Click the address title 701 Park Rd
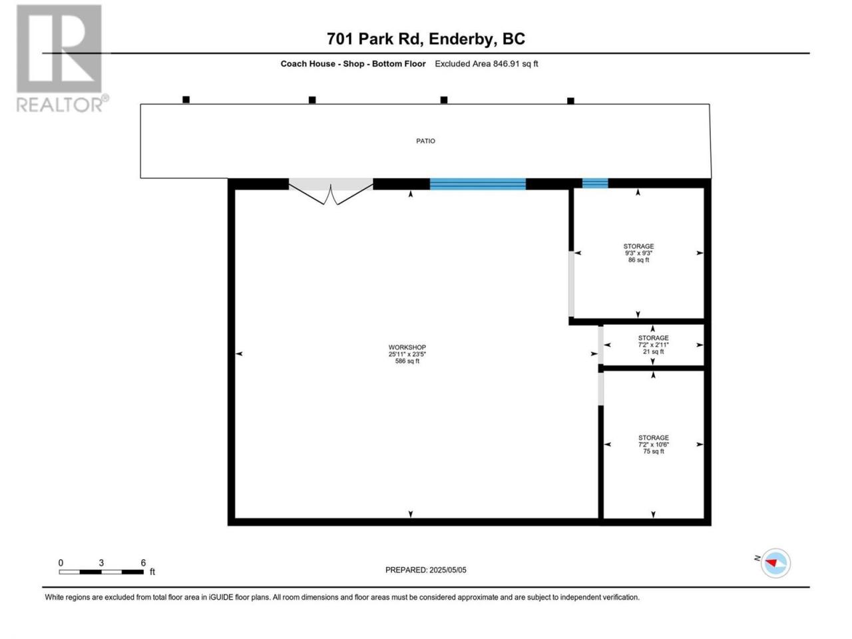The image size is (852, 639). [x=375, y=39]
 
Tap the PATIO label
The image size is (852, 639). [x=425, y=141]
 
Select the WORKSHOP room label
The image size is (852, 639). [x=407, y=347]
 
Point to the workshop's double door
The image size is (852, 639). [x=331, y=191]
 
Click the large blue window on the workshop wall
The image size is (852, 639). [x=478, y=184]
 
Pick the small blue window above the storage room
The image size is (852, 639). [x=595, y=183]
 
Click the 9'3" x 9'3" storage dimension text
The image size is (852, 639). [x=638, y=253]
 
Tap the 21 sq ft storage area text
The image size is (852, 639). [x=653, y=351]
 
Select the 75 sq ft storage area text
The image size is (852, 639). [x=654, y=451]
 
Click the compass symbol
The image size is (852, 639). [x=775, y=563]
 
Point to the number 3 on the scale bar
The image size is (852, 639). [x=101, y=562]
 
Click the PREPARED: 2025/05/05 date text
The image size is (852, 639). [x=426, y=570]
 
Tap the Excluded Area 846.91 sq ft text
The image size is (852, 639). [x=487, y=64]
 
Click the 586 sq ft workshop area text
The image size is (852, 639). [x=407, y=361]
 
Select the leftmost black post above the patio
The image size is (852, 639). [x=186, y=100]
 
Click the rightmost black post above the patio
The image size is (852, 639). [x=570, y=101]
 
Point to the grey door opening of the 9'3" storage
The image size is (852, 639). [x=571, y=284]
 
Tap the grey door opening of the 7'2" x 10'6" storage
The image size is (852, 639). [x=601, y=389]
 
